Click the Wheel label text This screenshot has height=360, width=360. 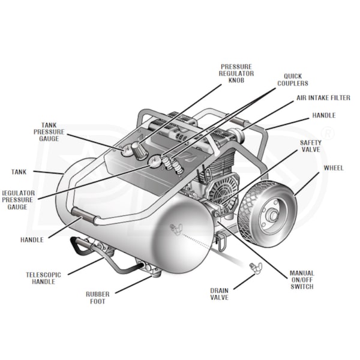tap(333, 168)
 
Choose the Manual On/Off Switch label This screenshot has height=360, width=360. tap(301, 280)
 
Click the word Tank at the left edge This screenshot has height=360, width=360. tap(19, 172)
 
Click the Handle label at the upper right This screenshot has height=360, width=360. tap(323, 115)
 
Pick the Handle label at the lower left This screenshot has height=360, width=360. tap(32, 240)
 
